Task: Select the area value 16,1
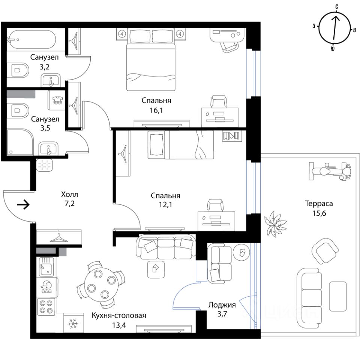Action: coord(156,110)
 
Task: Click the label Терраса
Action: coord(319,204)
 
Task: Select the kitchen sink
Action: coord(46,267)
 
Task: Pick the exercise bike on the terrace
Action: coord(330,171)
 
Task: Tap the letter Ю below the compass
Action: coord(333,49)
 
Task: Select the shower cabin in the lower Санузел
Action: coord(20,142)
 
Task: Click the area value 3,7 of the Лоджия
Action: coord(222,313)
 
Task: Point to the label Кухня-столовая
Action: coord(119,315)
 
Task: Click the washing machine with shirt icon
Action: coord(57,100)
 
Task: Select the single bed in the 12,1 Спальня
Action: coord(181,145)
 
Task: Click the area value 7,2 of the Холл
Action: coord(70,203)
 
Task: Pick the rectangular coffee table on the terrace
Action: coord(338,296)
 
